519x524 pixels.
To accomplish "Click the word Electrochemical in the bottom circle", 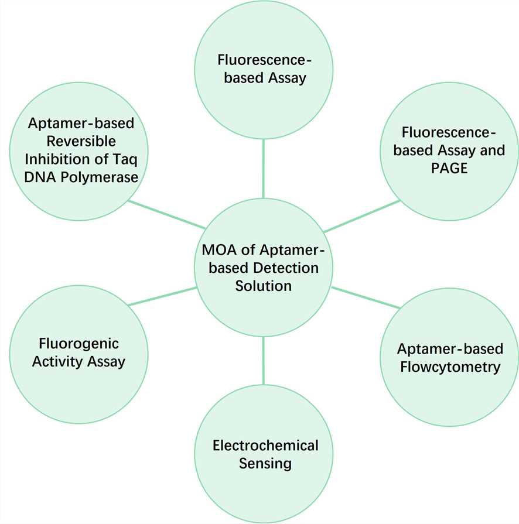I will (x=265, y=446).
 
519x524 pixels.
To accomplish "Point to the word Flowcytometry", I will (x=449, y=367).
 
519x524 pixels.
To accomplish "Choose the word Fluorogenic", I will (x=78, y=343).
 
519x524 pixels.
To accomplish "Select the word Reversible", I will (x=74, y=141).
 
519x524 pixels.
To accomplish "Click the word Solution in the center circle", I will (x=263, y=286).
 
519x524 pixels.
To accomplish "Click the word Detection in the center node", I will (x=288, y=268).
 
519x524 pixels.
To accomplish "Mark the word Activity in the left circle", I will (x=57, y=361).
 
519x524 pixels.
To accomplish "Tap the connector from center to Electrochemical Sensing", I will (x=263, y=361).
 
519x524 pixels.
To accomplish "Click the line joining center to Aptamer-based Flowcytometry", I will (x=366, y=297).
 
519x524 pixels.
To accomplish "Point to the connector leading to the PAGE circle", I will (x=361, y=216).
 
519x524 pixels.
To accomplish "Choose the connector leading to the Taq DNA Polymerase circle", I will (x=166, y=214).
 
